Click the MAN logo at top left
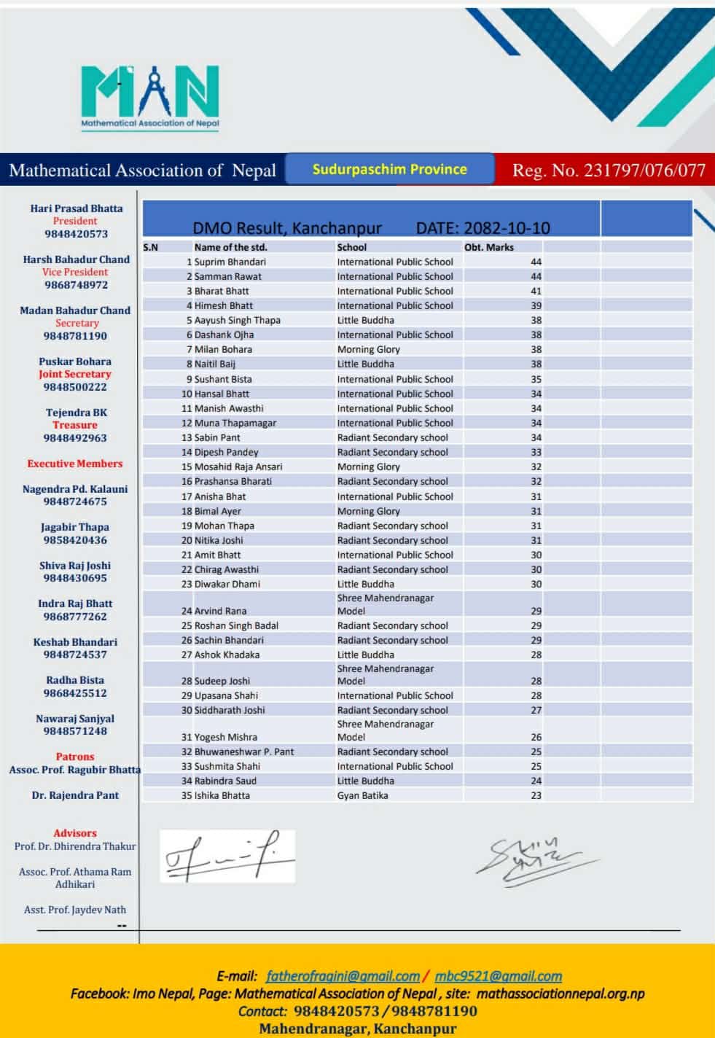(149, 96)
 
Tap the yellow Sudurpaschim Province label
(389, 169)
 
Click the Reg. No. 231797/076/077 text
(609, 171)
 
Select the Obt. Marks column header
(489, 247)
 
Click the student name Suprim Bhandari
(230, 262)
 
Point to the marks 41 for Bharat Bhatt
(536, 291)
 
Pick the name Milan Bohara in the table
(223, 349)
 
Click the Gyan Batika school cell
(362, 795)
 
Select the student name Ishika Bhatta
(222, 795)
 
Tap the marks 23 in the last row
(536, 795)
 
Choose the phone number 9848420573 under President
(76, 234)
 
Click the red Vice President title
(75, 272)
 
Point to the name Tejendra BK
(77, 413)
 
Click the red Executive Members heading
(75, 464)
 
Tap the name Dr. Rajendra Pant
(75, 795)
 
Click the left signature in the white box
(227, 856)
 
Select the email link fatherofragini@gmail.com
(343, 976)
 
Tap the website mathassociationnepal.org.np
(560, 994)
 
